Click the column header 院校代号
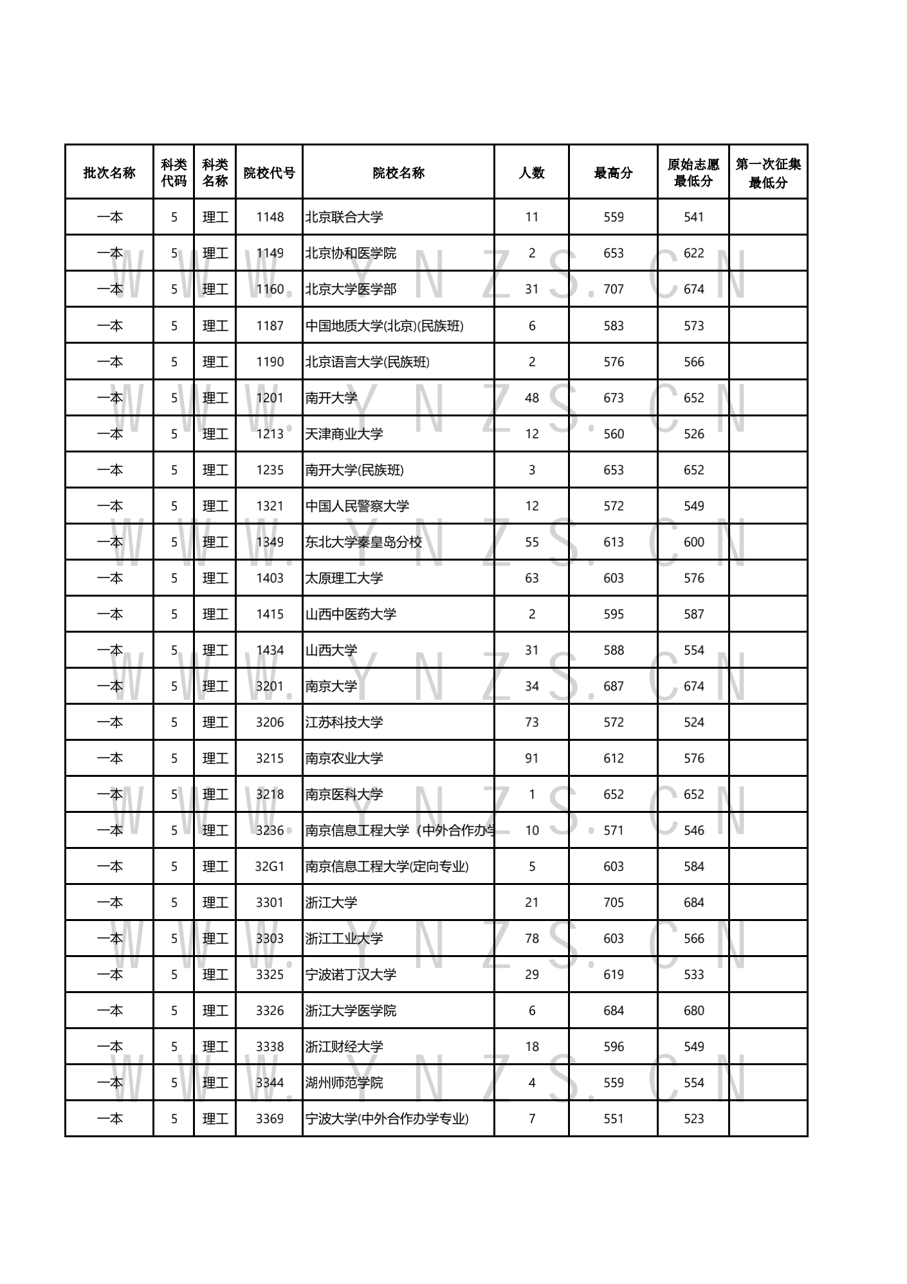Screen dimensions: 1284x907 [269, 172]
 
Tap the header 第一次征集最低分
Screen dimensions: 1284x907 [768, 172]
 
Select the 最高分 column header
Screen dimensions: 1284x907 [613, 172]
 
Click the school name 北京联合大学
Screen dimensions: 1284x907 [344, 217]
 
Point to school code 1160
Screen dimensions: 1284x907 [270, 290]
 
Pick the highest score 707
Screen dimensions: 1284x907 [614, 290]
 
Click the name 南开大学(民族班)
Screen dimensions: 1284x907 [354, 470]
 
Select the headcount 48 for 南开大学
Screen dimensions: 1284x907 [532, 398]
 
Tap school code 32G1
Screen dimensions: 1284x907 [270, 866]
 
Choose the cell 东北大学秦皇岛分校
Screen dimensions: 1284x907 [363, 543]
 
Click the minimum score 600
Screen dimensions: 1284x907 [694, 543]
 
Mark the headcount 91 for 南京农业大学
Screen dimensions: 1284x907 [532, 758]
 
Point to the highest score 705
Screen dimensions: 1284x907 [614, 902]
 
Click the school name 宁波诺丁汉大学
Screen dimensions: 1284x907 [351, 974]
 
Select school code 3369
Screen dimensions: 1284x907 [270, 1119]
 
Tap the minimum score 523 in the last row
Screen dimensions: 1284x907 [694, 1119]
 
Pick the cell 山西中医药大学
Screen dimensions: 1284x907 [351, 615]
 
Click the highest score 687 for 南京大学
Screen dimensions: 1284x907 [614, 686]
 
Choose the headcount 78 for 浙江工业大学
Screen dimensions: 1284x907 [532, 938]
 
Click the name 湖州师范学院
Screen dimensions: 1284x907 [344, 1083]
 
